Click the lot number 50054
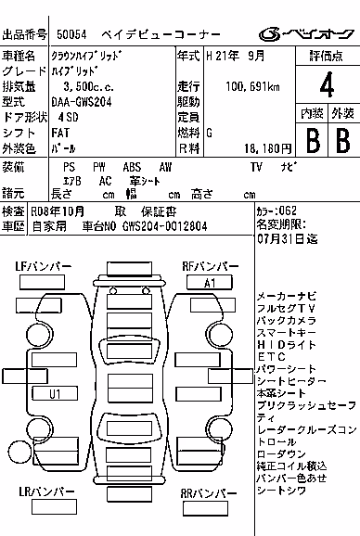(71, 34)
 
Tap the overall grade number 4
(327, 84)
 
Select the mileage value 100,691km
(252, 86)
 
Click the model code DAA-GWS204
(82, 102)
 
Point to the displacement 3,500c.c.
(88, 86)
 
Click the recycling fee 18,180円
(268, 148)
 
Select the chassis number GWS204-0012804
(164, 226)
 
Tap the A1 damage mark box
(210, 283)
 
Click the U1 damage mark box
(55, 394)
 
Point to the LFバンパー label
(43, 266)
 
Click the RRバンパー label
(208, 493)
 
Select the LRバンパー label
(46, 491)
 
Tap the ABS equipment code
(132, 167)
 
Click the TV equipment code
(256, 167)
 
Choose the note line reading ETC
(272, 357)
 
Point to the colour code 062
(288, 211)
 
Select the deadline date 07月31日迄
(288, 238)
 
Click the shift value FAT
(60, 133)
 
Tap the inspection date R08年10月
(58, 212)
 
